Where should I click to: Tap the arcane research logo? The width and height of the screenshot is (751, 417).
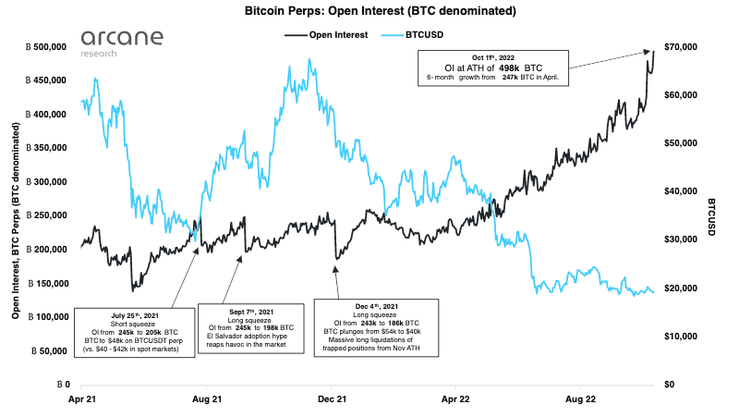[121, 42]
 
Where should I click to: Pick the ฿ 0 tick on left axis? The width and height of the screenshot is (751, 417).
[64, 384]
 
